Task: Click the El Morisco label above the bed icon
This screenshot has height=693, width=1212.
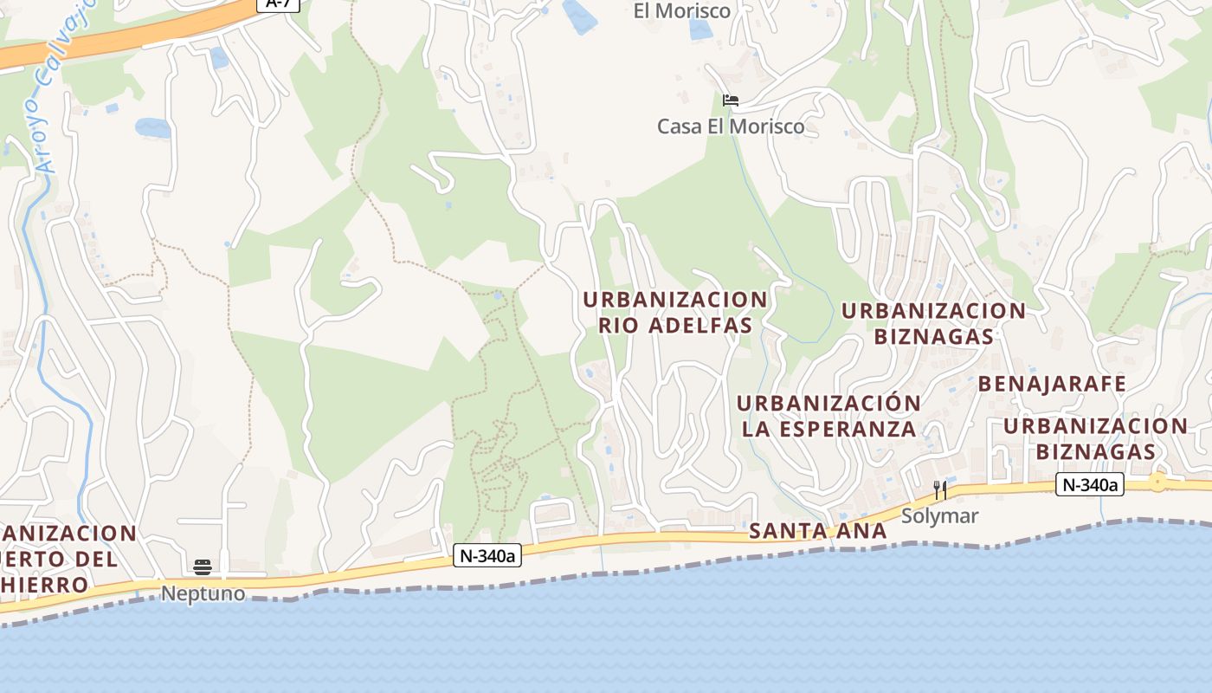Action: click(x=682, y=11)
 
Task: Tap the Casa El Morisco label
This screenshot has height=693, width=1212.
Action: click(x=731, y=126)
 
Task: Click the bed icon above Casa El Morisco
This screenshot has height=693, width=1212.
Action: click(x=731, y=100)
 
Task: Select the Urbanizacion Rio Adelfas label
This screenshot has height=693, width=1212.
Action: click(x=675, y=312)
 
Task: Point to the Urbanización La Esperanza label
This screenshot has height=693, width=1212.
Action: click(x=828, y=416)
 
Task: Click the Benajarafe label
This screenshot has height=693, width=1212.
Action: click(x=1052, y=384)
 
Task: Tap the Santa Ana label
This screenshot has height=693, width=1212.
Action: click(x=818, y=531)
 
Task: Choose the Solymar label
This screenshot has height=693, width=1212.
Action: click(x=939, y=516)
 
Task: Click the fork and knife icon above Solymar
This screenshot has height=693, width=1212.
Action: click(x=939, y=491)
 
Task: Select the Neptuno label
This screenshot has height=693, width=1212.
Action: click(x=203, y=594)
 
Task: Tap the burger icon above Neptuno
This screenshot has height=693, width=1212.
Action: click(x=203, y=568)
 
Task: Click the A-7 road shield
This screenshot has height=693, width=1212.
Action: click(x=278, y=3)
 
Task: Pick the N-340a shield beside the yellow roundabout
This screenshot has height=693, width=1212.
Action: click(x=1090, y=485)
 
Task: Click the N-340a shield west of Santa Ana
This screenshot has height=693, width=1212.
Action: click(x=487, y=556)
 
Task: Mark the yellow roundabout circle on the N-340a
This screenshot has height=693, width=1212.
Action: click(x=1157, y=483)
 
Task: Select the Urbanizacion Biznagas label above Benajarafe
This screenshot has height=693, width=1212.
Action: click(x=933, y=322)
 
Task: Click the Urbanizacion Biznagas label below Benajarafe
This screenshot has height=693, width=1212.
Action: click(x=1095, y=438)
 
